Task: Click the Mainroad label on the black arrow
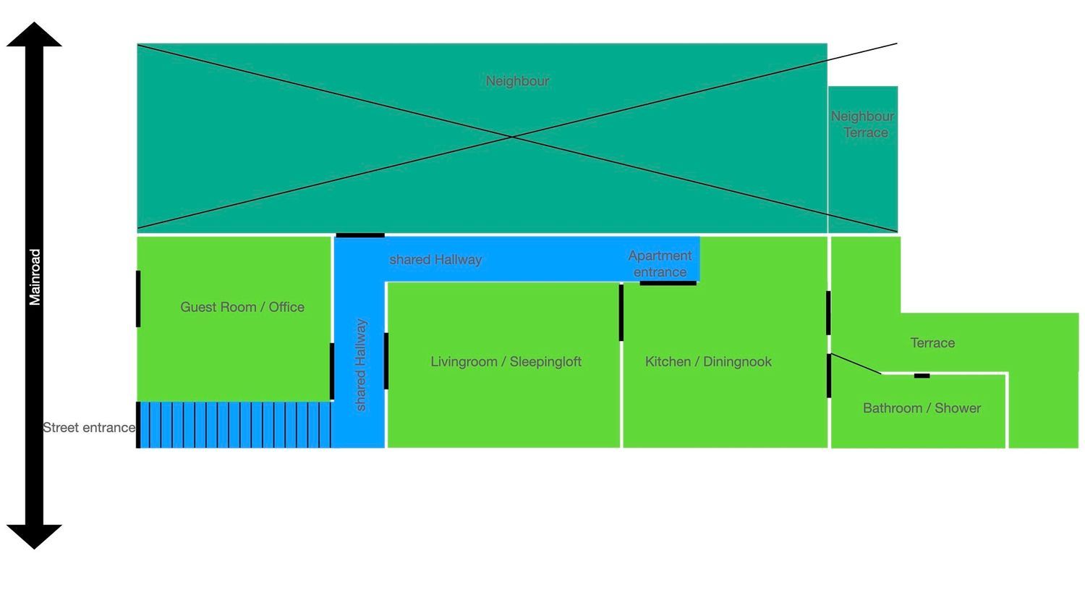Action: coord(35,277)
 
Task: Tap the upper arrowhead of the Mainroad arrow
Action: coord(34,34)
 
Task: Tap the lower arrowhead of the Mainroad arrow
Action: coord(34,536)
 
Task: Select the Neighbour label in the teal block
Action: coord(517,81)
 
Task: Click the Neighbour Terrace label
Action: coord(862,125)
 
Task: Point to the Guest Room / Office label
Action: coord(242,307)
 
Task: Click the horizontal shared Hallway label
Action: coord(435,259)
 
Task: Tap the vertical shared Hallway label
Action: coord(361,365)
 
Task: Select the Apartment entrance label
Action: coord(660,264)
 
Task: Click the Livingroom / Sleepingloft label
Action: coord(506,362)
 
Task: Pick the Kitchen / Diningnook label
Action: coord(708,362)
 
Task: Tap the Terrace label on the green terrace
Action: coord(932,343)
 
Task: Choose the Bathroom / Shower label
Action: coord(922,408)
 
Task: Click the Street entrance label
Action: coord(89,428)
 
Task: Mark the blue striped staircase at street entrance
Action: coord(235,425)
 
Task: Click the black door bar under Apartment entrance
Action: coord(668,283)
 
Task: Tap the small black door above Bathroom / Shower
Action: coord(922,376)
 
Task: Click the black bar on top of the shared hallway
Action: coord(360,235)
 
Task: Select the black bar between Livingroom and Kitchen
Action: coord(621,312)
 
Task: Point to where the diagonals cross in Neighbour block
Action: coord(512,136)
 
